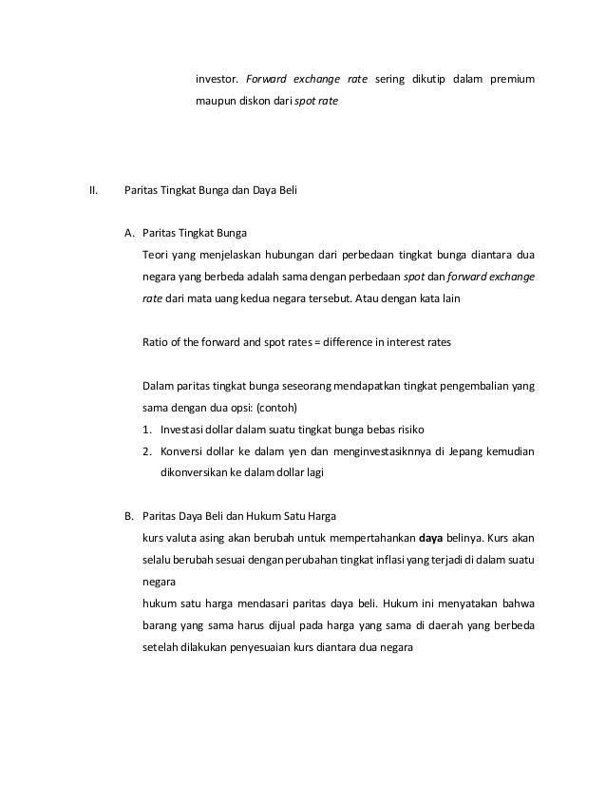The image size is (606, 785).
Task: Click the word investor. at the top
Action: pyautogui.click(x=216, y=77)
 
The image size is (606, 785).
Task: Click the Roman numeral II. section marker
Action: pyautogui.click(x=93, y=189)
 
